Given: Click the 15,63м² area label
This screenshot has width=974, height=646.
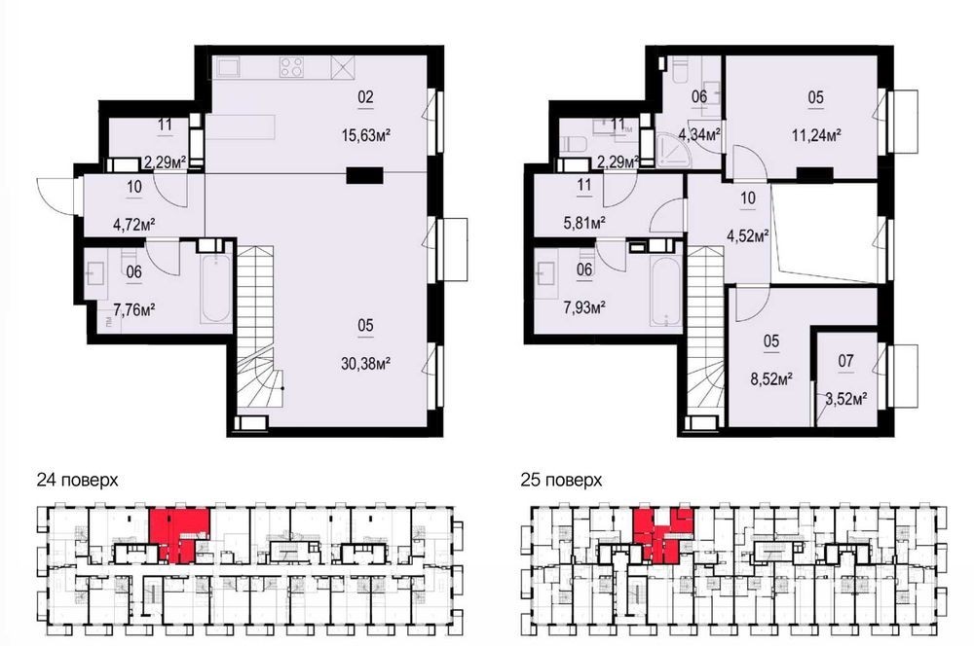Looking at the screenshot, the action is pos(366,134).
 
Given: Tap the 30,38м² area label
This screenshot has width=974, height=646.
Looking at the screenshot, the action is pos(366,363).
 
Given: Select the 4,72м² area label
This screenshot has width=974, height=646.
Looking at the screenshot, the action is pos(134,224).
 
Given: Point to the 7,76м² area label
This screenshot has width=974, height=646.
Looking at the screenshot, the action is pos(133,308).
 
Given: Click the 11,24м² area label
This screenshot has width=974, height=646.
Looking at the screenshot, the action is pos(816,134).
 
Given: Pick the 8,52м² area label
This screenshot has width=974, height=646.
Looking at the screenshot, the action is pos(770,379).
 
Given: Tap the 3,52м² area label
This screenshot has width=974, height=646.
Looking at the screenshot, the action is pos(846,398).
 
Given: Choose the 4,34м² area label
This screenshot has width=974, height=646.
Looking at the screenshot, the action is pos(699,134).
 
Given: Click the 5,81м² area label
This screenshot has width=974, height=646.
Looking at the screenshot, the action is pos(584,222).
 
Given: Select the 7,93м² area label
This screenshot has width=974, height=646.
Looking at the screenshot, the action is pos(584,307).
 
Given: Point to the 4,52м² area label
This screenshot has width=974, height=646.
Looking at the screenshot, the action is pos(748,235).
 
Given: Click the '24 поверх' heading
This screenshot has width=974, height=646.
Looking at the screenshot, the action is pos(77,480).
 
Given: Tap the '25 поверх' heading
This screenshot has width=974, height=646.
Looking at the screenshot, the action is pos(562,480).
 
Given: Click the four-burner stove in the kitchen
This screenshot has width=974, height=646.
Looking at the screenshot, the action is pos(291,66).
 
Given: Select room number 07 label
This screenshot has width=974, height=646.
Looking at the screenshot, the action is pos(846,361).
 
